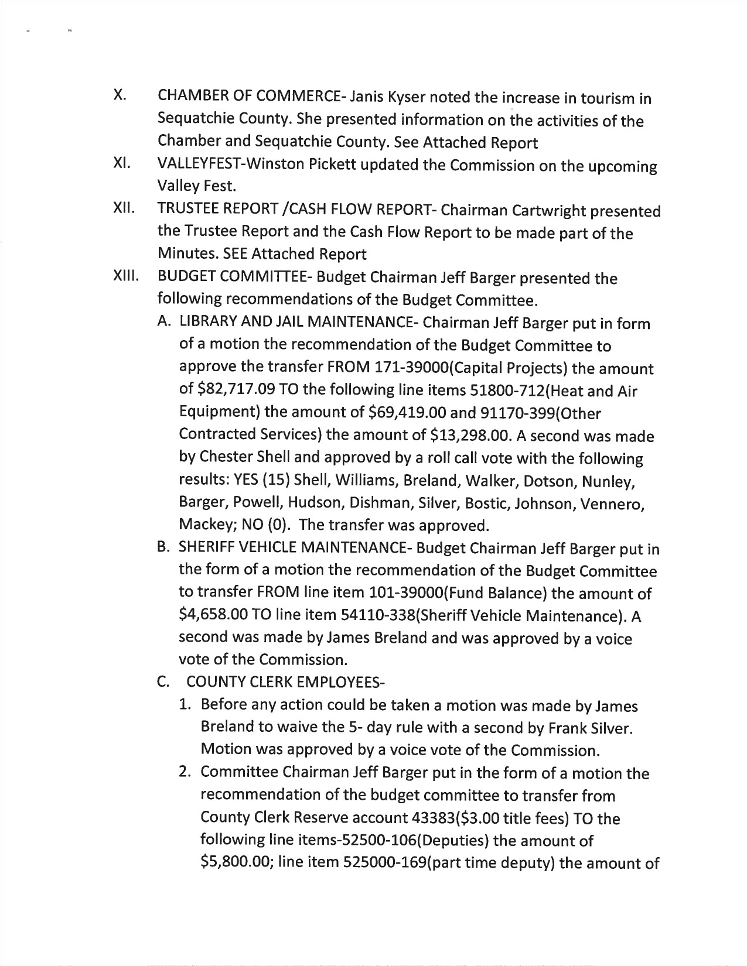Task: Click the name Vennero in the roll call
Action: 611,503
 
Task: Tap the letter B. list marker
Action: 163,547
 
